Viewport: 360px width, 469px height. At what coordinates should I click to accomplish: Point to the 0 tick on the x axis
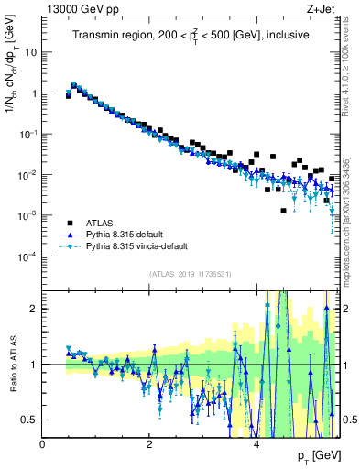click(x=43, y=444)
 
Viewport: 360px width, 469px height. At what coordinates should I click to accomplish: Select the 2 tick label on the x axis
click(x=149, y=444)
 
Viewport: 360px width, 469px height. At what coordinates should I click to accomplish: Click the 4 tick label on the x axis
click(x=256, y=444)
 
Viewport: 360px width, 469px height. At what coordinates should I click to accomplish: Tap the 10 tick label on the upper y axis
click(x=31, y=52)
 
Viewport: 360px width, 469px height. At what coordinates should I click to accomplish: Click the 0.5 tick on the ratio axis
click(x=29, y=420)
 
